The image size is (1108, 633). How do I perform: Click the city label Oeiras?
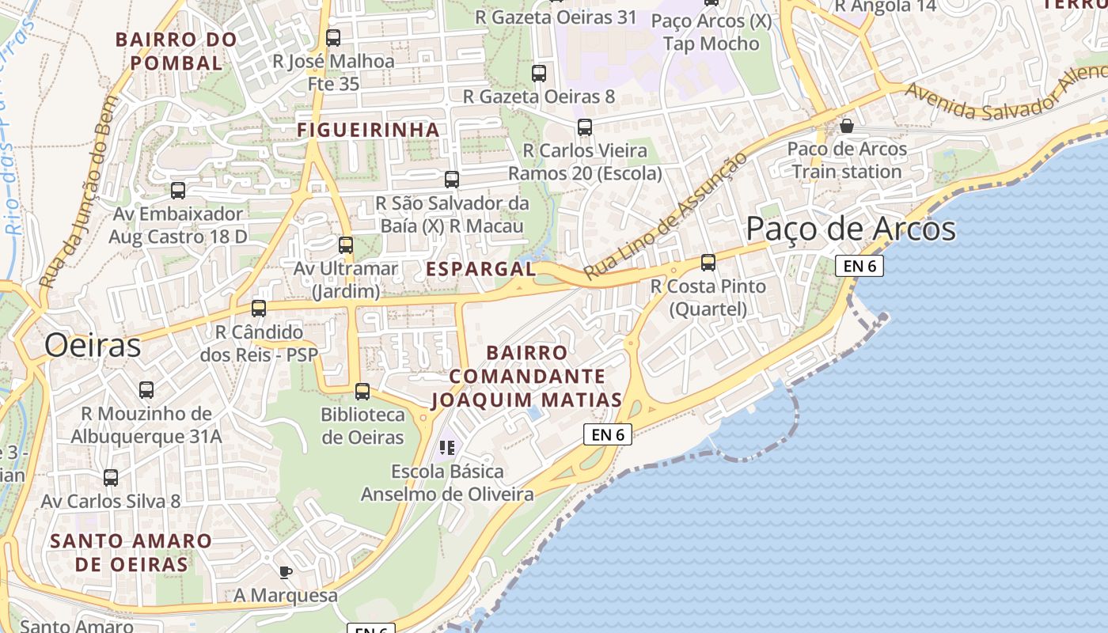93,346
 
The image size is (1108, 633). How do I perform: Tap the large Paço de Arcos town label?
851,229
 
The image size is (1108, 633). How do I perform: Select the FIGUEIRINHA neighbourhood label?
368,130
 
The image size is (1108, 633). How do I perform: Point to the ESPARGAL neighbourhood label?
481,269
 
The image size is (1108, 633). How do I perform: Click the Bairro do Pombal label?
176,51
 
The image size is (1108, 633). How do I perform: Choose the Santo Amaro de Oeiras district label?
131,553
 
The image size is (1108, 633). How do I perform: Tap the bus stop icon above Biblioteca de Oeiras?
362,391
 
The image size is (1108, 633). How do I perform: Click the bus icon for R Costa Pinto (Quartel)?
708,263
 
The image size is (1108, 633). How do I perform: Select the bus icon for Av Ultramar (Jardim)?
346,245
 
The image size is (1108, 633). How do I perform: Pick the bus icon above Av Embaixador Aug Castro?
178,191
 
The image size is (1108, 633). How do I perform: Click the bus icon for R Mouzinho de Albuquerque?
146,390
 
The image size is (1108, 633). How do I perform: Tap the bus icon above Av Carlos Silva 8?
111,478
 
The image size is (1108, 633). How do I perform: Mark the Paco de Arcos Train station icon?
847,126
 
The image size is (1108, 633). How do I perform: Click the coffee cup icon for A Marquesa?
286,572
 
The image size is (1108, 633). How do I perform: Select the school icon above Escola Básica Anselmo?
447,449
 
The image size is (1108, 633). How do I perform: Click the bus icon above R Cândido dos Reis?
259,309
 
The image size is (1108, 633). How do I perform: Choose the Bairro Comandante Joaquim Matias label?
526,376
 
